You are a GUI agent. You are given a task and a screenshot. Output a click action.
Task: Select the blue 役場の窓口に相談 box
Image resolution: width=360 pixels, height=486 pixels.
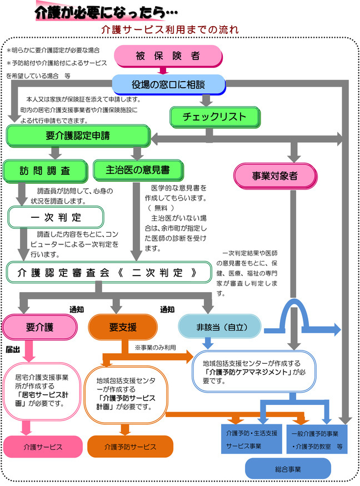169,84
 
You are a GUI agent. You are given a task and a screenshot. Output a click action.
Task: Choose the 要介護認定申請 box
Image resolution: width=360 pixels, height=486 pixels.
78,136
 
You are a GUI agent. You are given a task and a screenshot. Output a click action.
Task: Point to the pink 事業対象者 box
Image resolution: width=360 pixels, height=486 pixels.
275,176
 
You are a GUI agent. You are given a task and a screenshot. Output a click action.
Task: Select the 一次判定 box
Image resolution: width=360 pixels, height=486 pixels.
56,217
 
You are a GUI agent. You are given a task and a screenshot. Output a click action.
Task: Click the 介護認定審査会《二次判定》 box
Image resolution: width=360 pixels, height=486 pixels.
109,273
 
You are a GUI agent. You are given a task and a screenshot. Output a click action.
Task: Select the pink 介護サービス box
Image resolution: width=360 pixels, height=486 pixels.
39,446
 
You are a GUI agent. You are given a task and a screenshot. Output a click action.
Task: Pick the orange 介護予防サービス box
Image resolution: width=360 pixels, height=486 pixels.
130,447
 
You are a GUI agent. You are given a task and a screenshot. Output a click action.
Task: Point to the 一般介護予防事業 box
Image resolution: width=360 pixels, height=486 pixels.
319,438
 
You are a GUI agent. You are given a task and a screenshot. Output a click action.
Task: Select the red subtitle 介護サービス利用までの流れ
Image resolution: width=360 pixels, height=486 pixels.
170,29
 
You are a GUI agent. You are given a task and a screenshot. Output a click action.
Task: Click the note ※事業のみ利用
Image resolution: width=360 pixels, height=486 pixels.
156,348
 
